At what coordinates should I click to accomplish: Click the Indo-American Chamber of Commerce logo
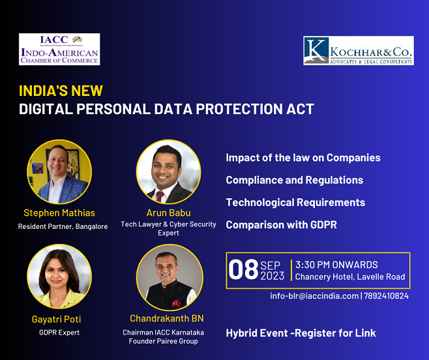tap(59, 50)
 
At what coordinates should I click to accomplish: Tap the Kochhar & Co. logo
tap(359, 50)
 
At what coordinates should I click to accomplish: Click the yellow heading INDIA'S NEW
tap(61, 91)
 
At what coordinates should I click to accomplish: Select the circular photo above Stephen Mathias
tap(59, 172)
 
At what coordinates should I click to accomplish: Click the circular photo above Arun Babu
tap(168, 172)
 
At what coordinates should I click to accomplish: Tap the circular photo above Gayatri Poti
tap(59, 277)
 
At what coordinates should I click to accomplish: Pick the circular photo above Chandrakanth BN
tap(170, 278)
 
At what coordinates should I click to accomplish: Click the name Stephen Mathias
tap(59, 213)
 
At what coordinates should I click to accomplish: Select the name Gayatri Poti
tap(56, 319)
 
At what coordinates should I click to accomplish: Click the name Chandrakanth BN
tap(167, 318)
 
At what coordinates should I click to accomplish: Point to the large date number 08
tap(243, 270)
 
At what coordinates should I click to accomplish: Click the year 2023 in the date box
tap(273, 276)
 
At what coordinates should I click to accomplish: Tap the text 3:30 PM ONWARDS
tap(336, 265)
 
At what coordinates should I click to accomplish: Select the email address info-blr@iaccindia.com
tap(314, 296)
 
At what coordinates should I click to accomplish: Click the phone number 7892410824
tap(386, 296)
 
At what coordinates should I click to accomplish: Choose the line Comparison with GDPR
tap(281, 225)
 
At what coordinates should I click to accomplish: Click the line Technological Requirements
tap(295, 203)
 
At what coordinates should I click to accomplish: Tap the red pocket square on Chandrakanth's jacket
tap(176, 303)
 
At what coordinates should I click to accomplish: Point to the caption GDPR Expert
tap(59, 333)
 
